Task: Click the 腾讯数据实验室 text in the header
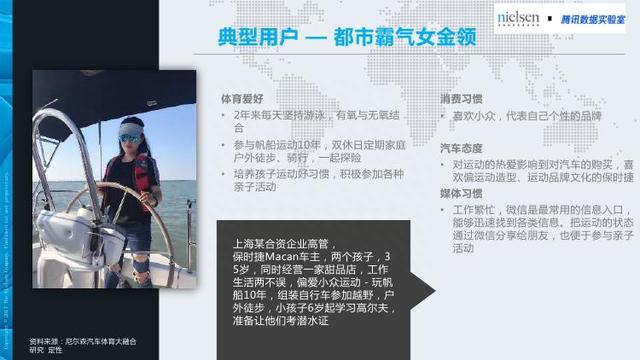coord(590,18)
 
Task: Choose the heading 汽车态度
coord(460,148)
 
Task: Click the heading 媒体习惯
coord(460,195)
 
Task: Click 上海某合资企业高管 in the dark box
coord(286,241)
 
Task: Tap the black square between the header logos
coord(548,18)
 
